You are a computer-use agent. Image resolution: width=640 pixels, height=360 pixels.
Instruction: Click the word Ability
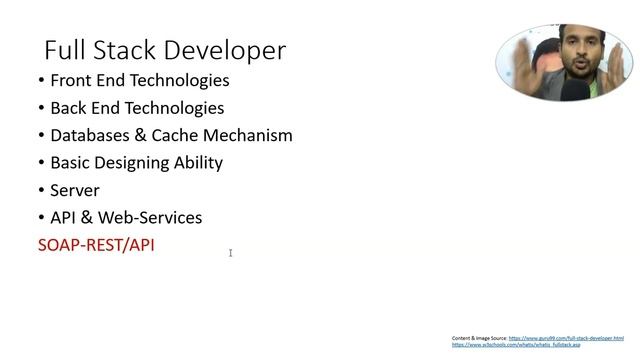[x=199, y=162]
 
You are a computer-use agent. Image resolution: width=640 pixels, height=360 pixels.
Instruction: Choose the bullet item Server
[x=75, y=190]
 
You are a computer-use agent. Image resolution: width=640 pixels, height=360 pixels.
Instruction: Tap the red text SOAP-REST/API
[x=96, y=244]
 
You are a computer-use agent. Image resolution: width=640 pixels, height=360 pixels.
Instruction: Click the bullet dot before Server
[x=41, y=190]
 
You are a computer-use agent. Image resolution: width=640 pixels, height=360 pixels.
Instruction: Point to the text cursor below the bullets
[x=230, y=253]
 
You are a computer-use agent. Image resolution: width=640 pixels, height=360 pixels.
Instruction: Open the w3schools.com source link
[x=516, y=345]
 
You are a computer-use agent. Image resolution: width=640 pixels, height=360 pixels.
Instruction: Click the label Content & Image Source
[x=479, y=338]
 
